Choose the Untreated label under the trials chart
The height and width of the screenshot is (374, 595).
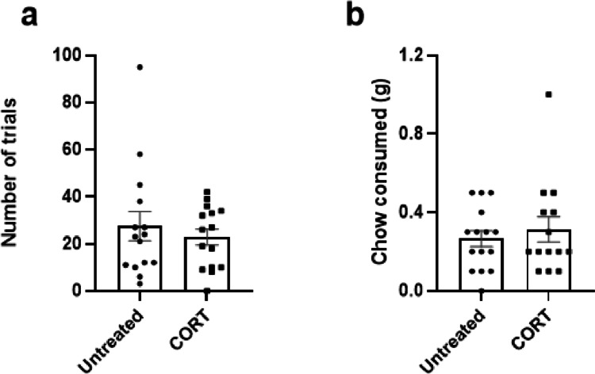[119, 337]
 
